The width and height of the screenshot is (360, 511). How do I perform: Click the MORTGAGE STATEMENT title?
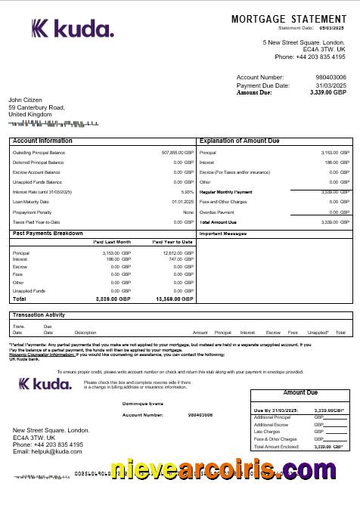[x=288, y=18]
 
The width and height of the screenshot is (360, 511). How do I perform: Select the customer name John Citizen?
[x=30, y=100]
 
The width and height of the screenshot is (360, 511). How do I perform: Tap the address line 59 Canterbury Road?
[x=36, y=107]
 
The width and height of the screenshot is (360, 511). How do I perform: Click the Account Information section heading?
[x=43, y=141]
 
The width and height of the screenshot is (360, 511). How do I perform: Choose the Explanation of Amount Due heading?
[x=239, y=141]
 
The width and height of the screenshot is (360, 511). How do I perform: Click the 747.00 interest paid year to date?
[x=172, y=259]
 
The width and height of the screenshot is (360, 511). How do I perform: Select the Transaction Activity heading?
[x=39, y=314]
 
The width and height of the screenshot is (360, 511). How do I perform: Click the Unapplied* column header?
[x=318, y=333]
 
